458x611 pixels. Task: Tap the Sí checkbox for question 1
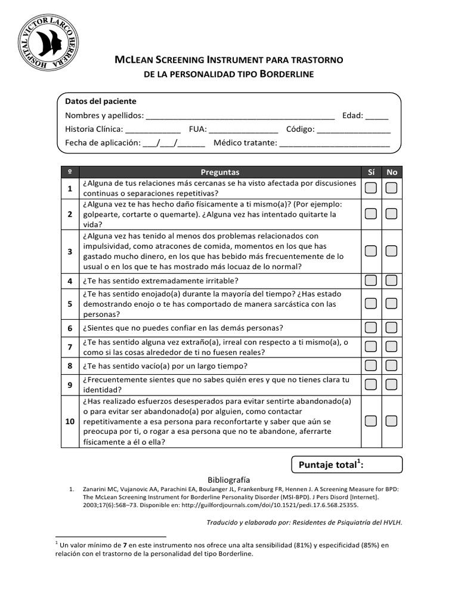[x=371, y=189]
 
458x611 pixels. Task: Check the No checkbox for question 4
[x=391, y=280]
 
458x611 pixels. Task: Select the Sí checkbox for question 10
[x=371, y=421]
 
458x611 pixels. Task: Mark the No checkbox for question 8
[x=391, y=365]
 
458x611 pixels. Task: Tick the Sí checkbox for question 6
[x=371, y=328]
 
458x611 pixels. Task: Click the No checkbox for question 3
[x=391, y=251]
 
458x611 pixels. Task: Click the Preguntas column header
[x=220, y=172]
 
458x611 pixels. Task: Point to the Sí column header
[x=371, y=172]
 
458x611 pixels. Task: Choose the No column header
[x=392, y=172]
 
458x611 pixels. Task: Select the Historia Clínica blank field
[x=153, y=129]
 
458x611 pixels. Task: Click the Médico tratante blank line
[x=335, y=143]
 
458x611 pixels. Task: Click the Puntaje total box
[x=346, y=464]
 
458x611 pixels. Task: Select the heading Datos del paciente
[x=101, y=101]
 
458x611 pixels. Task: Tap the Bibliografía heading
[x=228, y=479]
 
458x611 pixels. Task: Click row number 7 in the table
[x=70, y=347]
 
